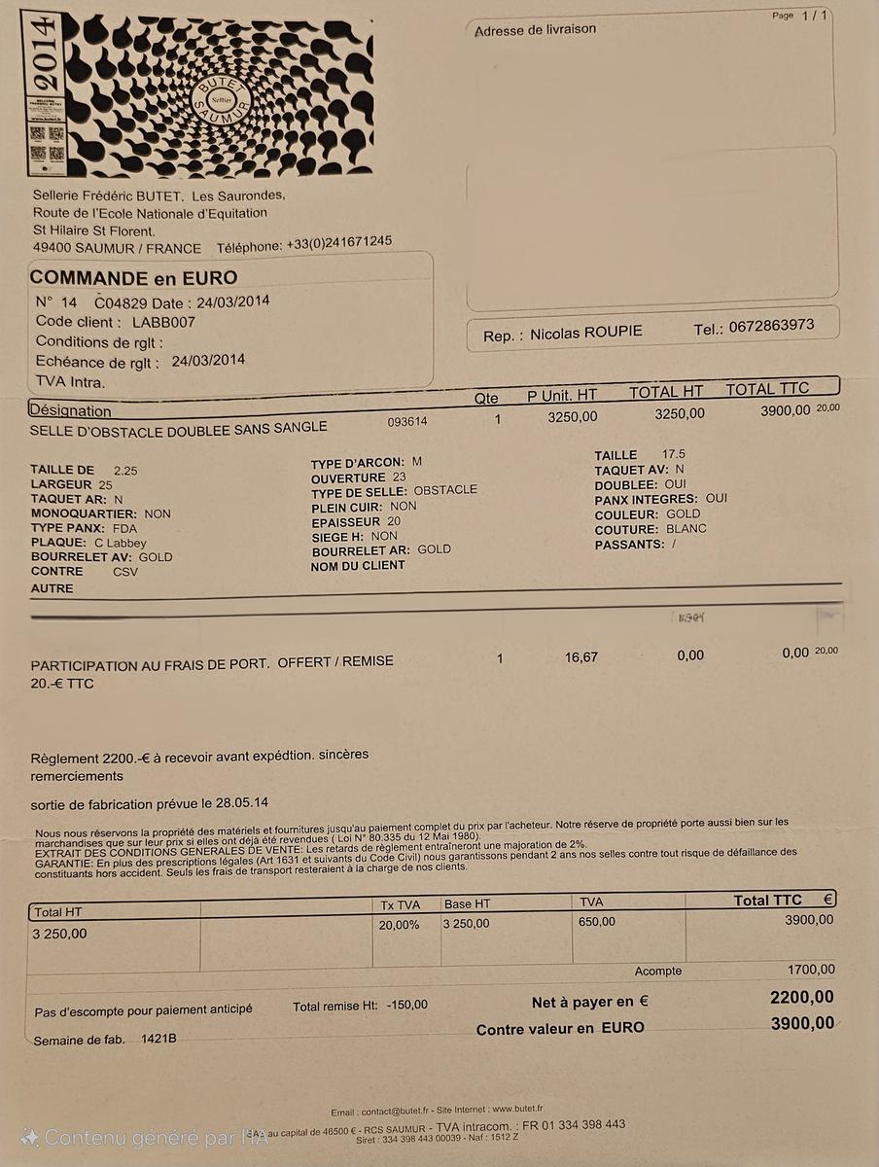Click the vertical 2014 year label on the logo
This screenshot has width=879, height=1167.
(44, 53)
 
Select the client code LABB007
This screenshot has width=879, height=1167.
(163, 321)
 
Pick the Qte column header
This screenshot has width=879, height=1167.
(486, 397)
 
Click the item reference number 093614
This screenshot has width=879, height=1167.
(407, 421)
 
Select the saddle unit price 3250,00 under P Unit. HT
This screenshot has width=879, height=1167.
(573, 415)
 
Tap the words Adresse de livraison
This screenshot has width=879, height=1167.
(535, 30)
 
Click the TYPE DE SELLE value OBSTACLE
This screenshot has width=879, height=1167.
(445, 490)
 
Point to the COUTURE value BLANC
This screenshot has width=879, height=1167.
(686, 529)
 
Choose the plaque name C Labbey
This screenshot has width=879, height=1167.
(121, 543)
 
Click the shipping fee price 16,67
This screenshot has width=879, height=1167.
(581, 657)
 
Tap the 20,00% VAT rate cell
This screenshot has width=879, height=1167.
(399, 924)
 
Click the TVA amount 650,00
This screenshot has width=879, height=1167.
(596, 921)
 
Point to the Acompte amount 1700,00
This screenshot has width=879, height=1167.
(810, 969)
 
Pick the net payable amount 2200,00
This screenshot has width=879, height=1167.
(801, 997)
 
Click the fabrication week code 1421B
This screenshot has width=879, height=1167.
(158, 1040)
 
